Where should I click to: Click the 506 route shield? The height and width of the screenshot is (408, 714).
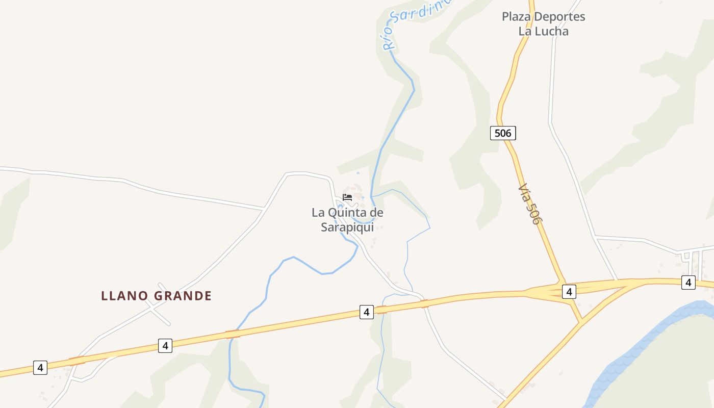pos(503,133)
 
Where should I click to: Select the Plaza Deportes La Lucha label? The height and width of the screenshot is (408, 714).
pos(543,23)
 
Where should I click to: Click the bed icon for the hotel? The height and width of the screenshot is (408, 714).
pos(347,197)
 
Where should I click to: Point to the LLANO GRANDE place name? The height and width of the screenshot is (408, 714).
pos(156,296)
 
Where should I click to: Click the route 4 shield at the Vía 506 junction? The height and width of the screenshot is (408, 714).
pos(569,292)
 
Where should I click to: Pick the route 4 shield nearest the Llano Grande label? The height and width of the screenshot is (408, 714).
pos(165,345)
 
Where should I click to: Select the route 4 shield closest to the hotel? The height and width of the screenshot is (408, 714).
pos(366,312)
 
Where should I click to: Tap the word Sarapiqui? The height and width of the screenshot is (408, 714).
pos(347,227)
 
